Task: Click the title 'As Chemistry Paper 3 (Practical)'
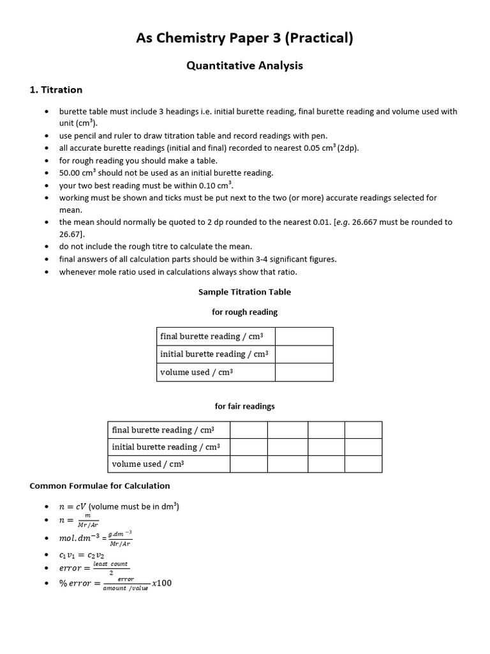pyautogui.click(x=244, y=38)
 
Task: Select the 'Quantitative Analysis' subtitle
pyautogui.click(x=244, y=65)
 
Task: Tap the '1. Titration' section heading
pyautogui.click(x=56, y=90)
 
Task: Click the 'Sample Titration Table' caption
pyautogui.click(x=244, y=292)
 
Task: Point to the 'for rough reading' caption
pyautogui.click(x=244, y=312)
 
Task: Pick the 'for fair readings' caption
pyautogui.click(x=244, y=406)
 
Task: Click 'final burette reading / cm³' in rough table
pyautogui.click(x=215, y=337)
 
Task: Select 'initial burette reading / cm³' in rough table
pyautogui.click(x=215, y=354)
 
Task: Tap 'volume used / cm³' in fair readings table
pyautogui.click(x=148, y=464)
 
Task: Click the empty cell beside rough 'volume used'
pyautogui.click(x=304, y=372)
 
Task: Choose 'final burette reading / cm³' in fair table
pyautogui.click(x=163, y=430)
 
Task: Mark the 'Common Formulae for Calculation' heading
pyautogui.click(x=100, y=486)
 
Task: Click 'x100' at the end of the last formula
pyautogui.click(x=161, y=583)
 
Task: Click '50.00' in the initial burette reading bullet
pyautogui.click(x=70, y=172)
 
